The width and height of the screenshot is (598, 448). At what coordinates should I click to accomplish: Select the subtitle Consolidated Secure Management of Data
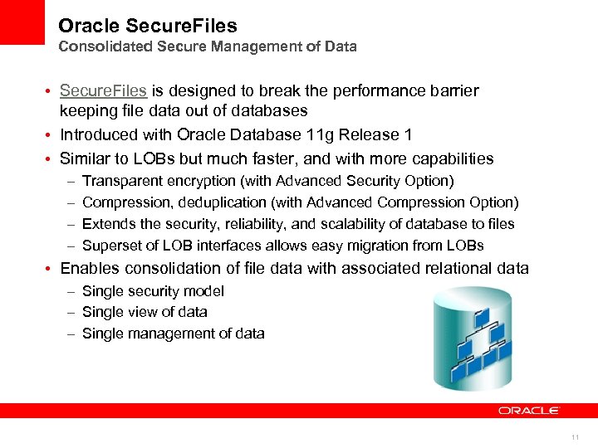(208, 47)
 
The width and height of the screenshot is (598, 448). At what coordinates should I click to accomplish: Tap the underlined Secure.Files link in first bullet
(103, 90)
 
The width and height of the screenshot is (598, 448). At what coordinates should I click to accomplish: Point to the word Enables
(90, 268)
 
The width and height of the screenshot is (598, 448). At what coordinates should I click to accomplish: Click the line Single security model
(153, 291)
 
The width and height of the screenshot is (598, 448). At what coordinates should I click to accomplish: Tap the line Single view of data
(145, 312)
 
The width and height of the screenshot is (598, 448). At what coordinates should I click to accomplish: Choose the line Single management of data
(173, 334)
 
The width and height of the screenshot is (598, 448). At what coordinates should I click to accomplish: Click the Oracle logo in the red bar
(528, 410)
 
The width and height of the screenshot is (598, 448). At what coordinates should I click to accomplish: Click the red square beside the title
(22, 22)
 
